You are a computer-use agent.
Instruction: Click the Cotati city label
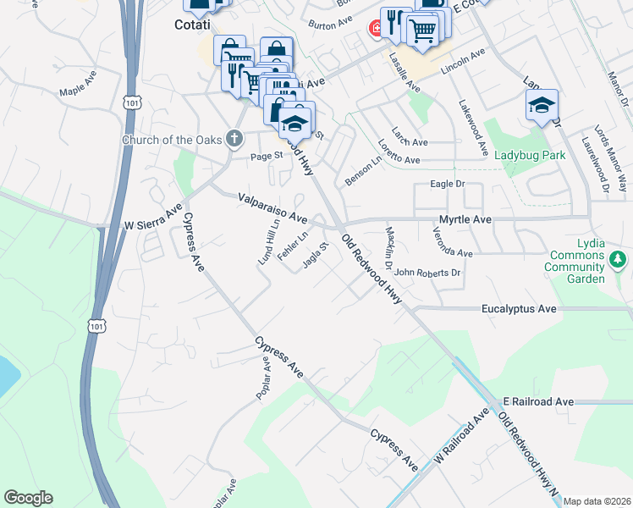coord(191,25)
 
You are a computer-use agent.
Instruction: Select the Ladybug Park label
coord(529,156)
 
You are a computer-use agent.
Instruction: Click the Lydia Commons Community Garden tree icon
coord(619,258)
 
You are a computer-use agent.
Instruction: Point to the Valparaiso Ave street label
coord(272,208)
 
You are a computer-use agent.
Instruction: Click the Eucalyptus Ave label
coord(519,309)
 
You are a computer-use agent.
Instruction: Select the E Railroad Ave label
coord(538,400)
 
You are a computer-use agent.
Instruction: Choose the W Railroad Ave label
coord(463,433)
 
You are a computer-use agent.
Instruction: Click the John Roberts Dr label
coord(427,273)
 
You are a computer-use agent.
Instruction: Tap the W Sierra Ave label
coord(153,221)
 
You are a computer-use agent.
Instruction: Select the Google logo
coord(28,498)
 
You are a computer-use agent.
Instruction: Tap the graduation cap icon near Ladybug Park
coord(542,106)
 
